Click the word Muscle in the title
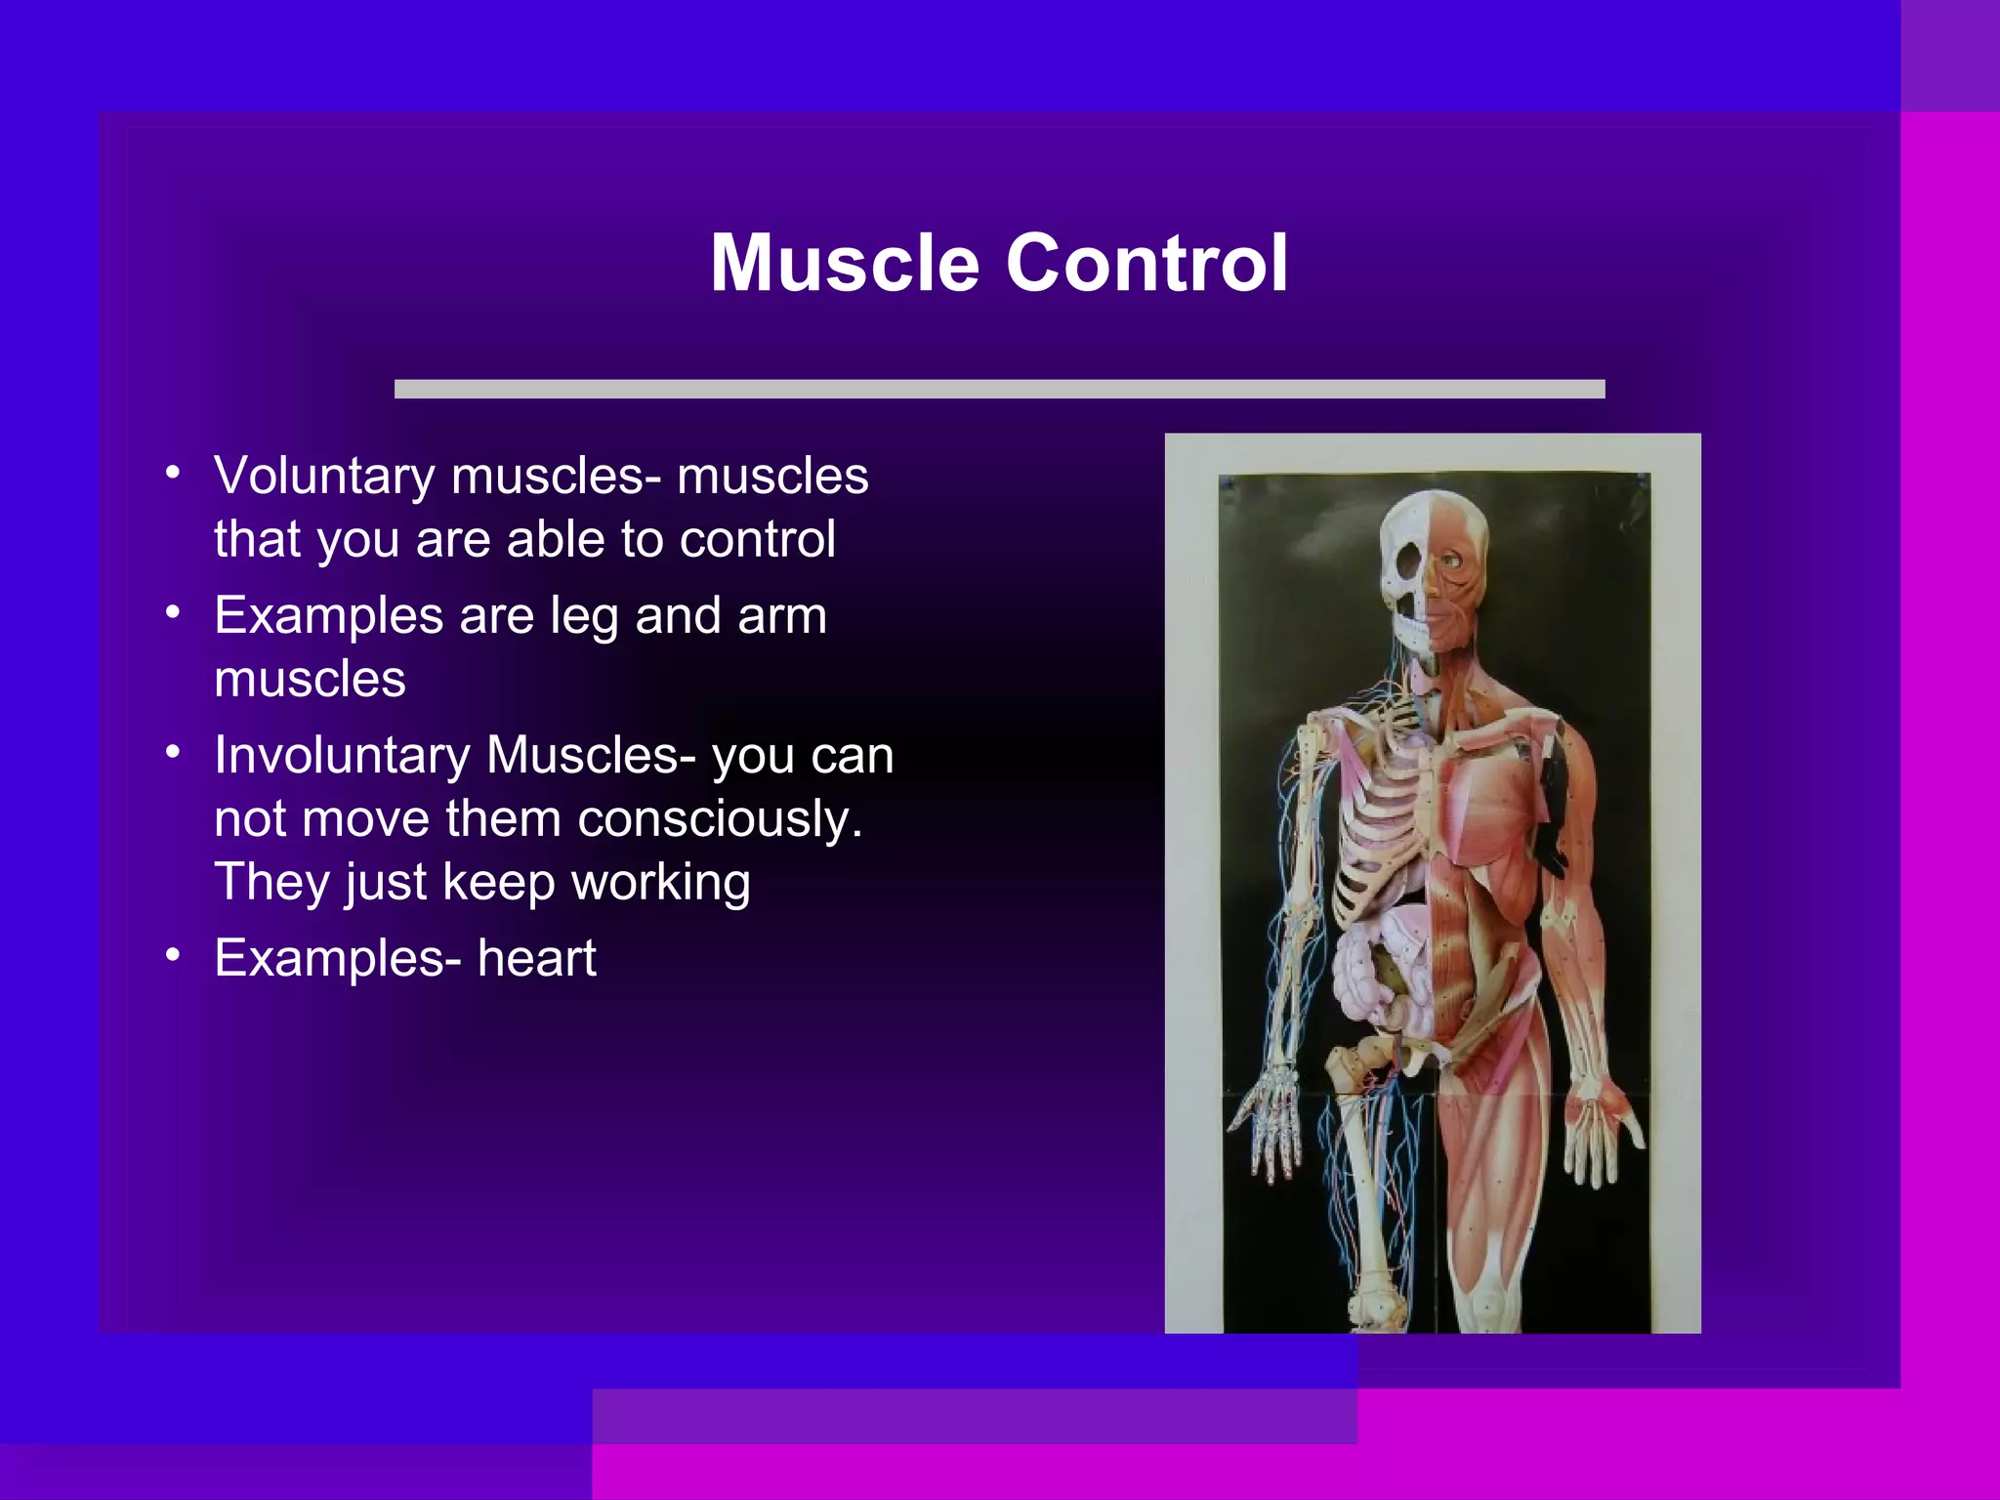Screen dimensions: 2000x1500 click(845, 263)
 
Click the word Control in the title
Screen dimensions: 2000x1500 click(1147, 263)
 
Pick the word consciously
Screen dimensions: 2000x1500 click(721, 820)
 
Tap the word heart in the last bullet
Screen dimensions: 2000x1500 click(537, 958)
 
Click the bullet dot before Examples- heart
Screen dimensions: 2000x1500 click(173, 955)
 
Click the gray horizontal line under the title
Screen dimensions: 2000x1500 click(999, 389)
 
